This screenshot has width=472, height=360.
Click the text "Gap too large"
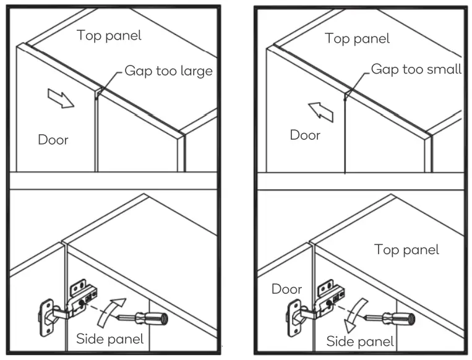168,71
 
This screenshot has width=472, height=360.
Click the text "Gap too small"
416,69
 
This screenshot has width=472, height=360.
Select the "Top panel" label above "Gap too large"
109,35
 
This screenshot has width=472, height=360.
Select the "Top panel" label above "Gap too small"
357,38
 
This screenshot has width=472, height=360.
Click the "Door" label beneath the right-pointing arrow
53,139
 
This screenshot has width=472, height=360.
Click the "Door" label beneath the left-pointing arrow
305,135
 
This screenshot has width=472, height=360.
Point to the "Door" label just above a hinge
287,289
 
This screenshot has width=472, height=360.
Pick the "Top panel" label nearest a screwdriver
406,249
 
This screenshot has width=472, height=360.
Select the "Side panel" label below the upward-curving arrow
110,338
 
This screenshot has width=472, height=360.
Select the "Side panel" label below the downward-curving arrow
359,341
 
